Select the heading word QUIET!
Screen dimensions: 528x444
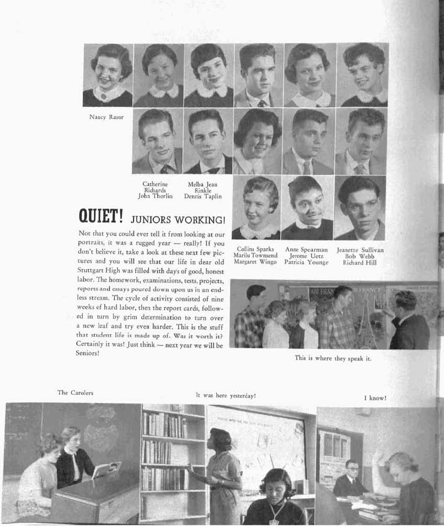pos(101,217)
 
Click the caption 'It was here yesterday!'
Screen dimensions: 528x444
pos(226,395)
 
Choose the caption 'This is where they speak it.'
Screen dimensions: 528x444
pos(333,358)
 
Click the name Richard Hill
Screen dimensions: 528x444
pos(360,263)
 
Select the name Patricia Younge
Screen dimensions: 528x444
pos(306,263)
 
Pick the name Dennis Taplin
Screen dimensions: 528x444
pos(202,196)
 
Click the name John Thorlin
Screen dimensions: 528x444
pos(155,196)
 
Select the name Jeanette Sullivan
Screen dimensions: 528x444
pos(360,249)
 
